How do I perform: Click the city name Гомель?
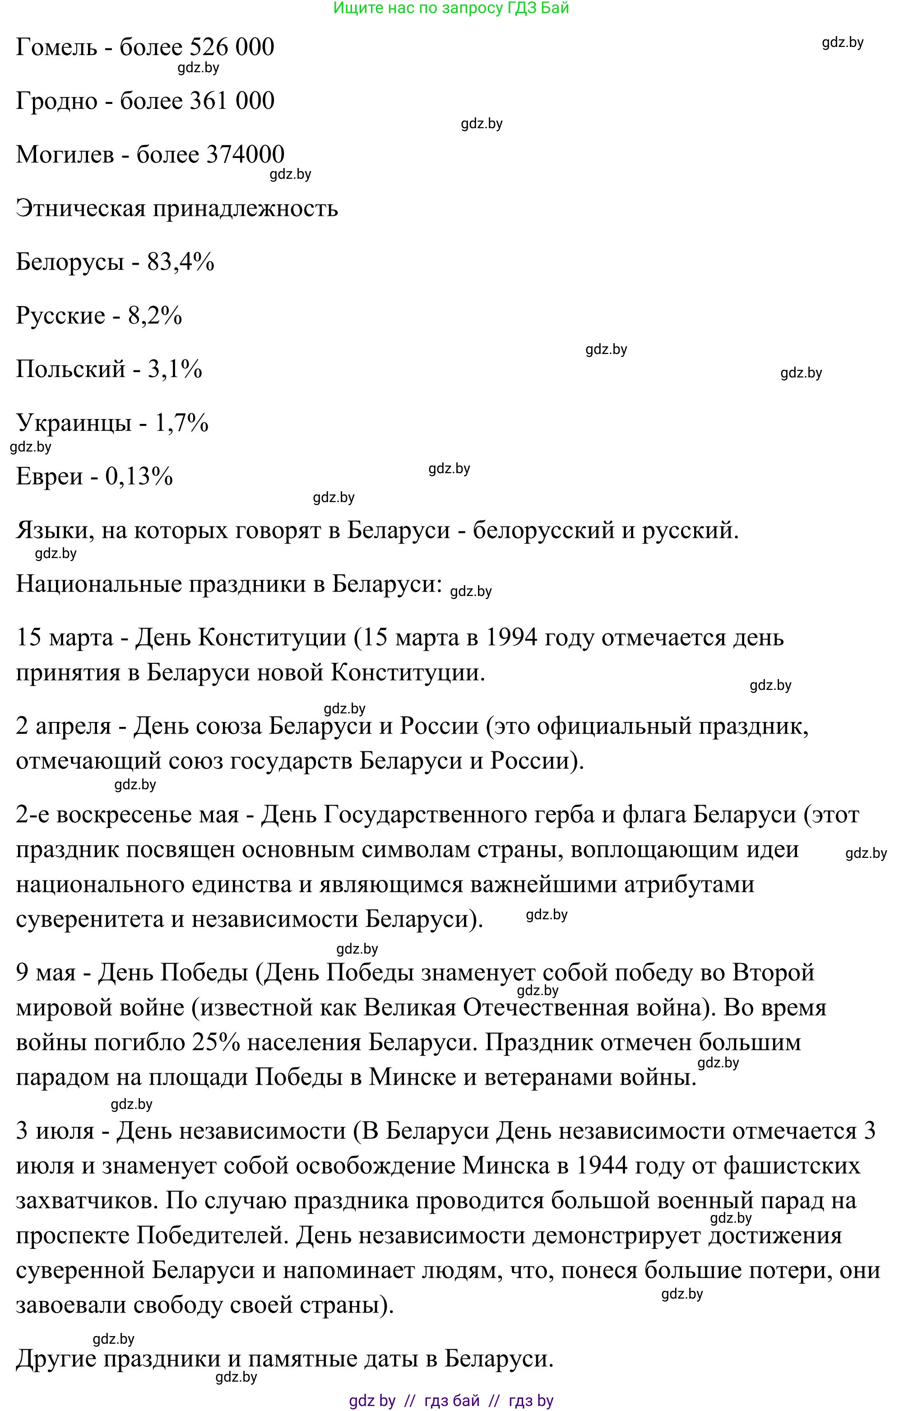[56, 47]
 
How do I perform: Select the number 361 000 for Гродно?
[232, 101]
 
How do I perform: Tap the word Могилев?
[65, 154]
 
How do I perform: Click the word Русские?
[60, 316]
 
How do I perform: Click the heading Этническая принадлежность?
[176, 209]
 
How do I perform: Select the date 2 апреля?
[63, 727]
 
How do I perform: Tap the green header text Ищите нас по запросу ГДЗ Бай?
[451, 8]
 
